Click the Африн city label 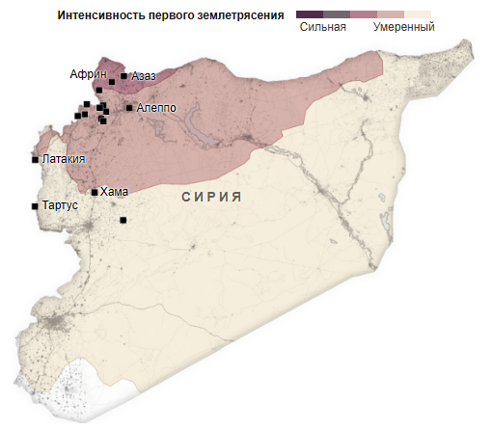(x=88, y=74)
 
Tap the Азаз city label (x=144, y=76)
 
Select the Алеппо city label (x=156, y=108)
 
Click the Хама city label (x=114, y=192)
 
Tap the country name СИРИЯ (x=210, y=197)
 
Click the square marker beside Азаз (x=123, y=76)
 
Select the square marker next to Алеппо (x=128, y=108)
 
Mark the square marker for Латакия (x=36, y=159)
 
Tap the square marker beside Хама (x=95, y=192)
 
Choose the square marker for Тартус (x=36, y=205)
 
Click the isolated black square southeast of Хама (x=123, y=221)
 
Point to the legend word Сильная (x=323, y=28)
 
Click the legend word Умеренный (x=403, y=28)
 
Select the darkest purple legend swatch (x=310, y=13)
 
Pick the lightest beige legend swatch (x=418, y=13)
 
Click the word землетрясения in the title (x=241, y=14)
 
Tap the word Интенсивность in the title (x=103, y=14)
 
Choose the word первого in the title (x=176, y=14)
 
